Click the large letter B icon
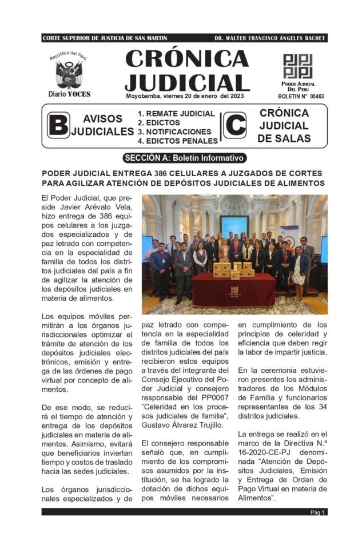tap(58, 126)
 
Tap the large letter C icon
tap(234, 125)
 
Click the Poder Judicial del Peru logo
tap(297, 66)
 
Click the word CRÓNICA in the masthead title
tap(186, 58)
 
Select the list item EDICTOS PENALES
tap(182, 141)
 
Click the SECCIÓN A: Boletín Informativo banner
tap(184, 158)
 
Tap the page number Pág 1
tap(318, 512)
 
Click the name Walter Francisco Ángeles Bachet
tap(270, 38)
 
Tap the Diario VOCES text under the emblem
tap(69, 94)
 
